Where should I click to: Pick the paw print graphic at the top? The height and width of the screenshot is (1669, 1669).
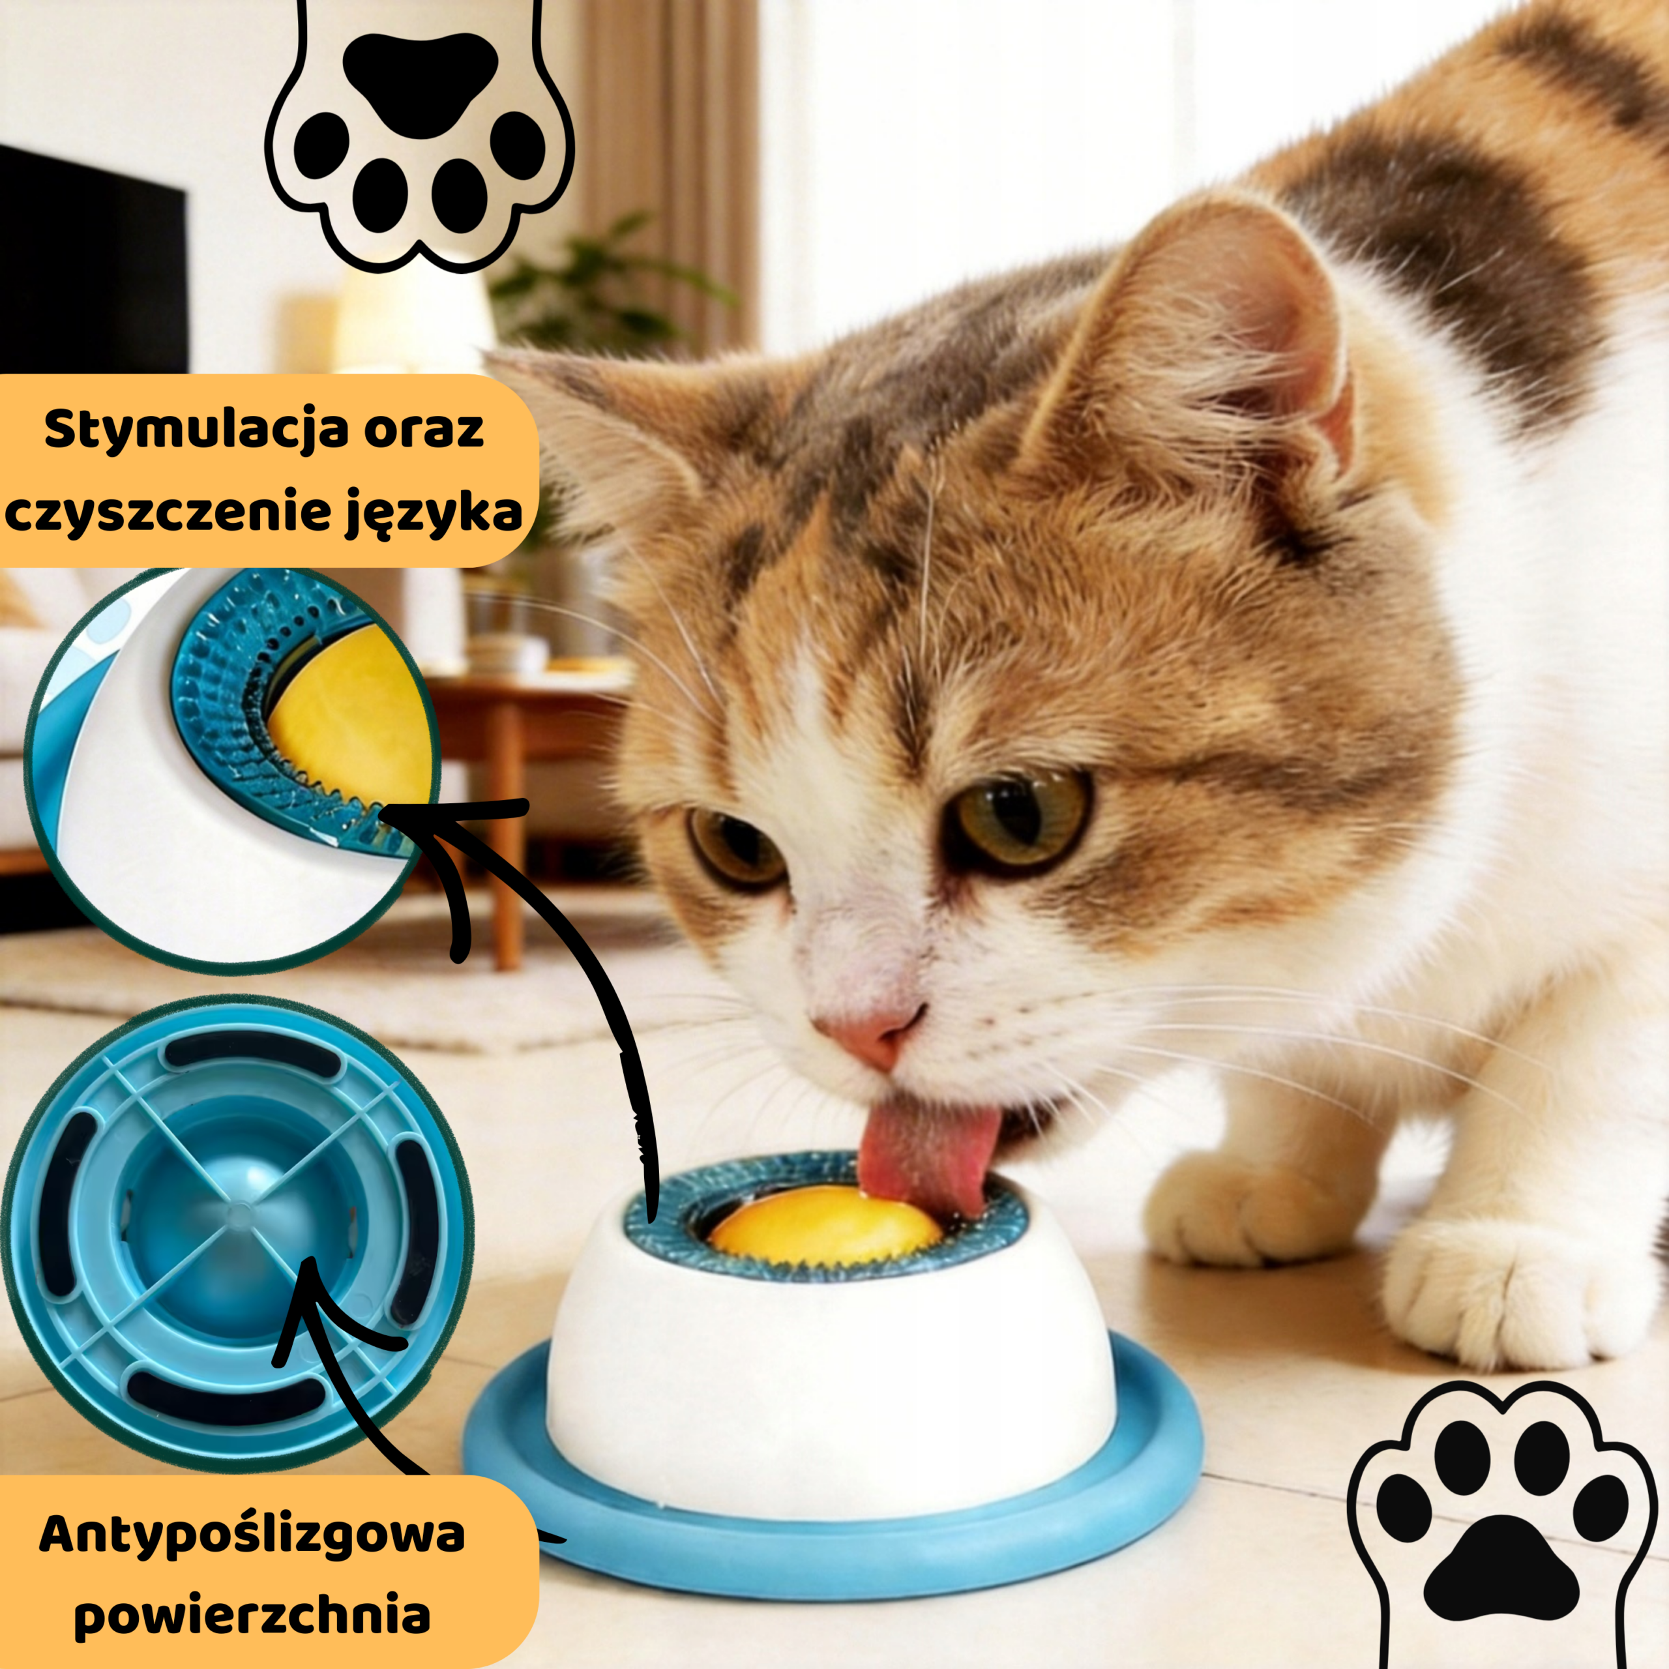click(419, 134)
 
